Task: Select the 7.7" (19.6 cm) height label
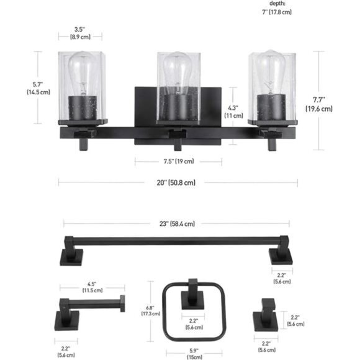pos(318,104)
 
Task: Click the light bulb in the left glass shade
pos(83,73)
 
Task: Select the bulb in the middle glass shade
pos(179,74)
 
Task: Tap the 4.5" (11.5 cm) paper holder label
pos(94,287)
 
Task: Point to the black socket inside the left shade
pos(81,106)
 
